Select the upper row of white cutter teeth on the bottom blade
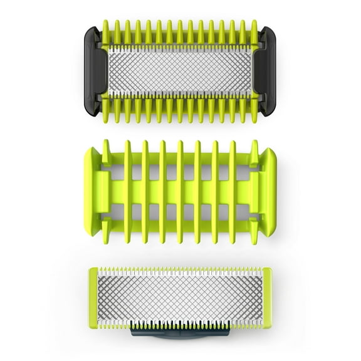pyautogui.click(x=180, y=271)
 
